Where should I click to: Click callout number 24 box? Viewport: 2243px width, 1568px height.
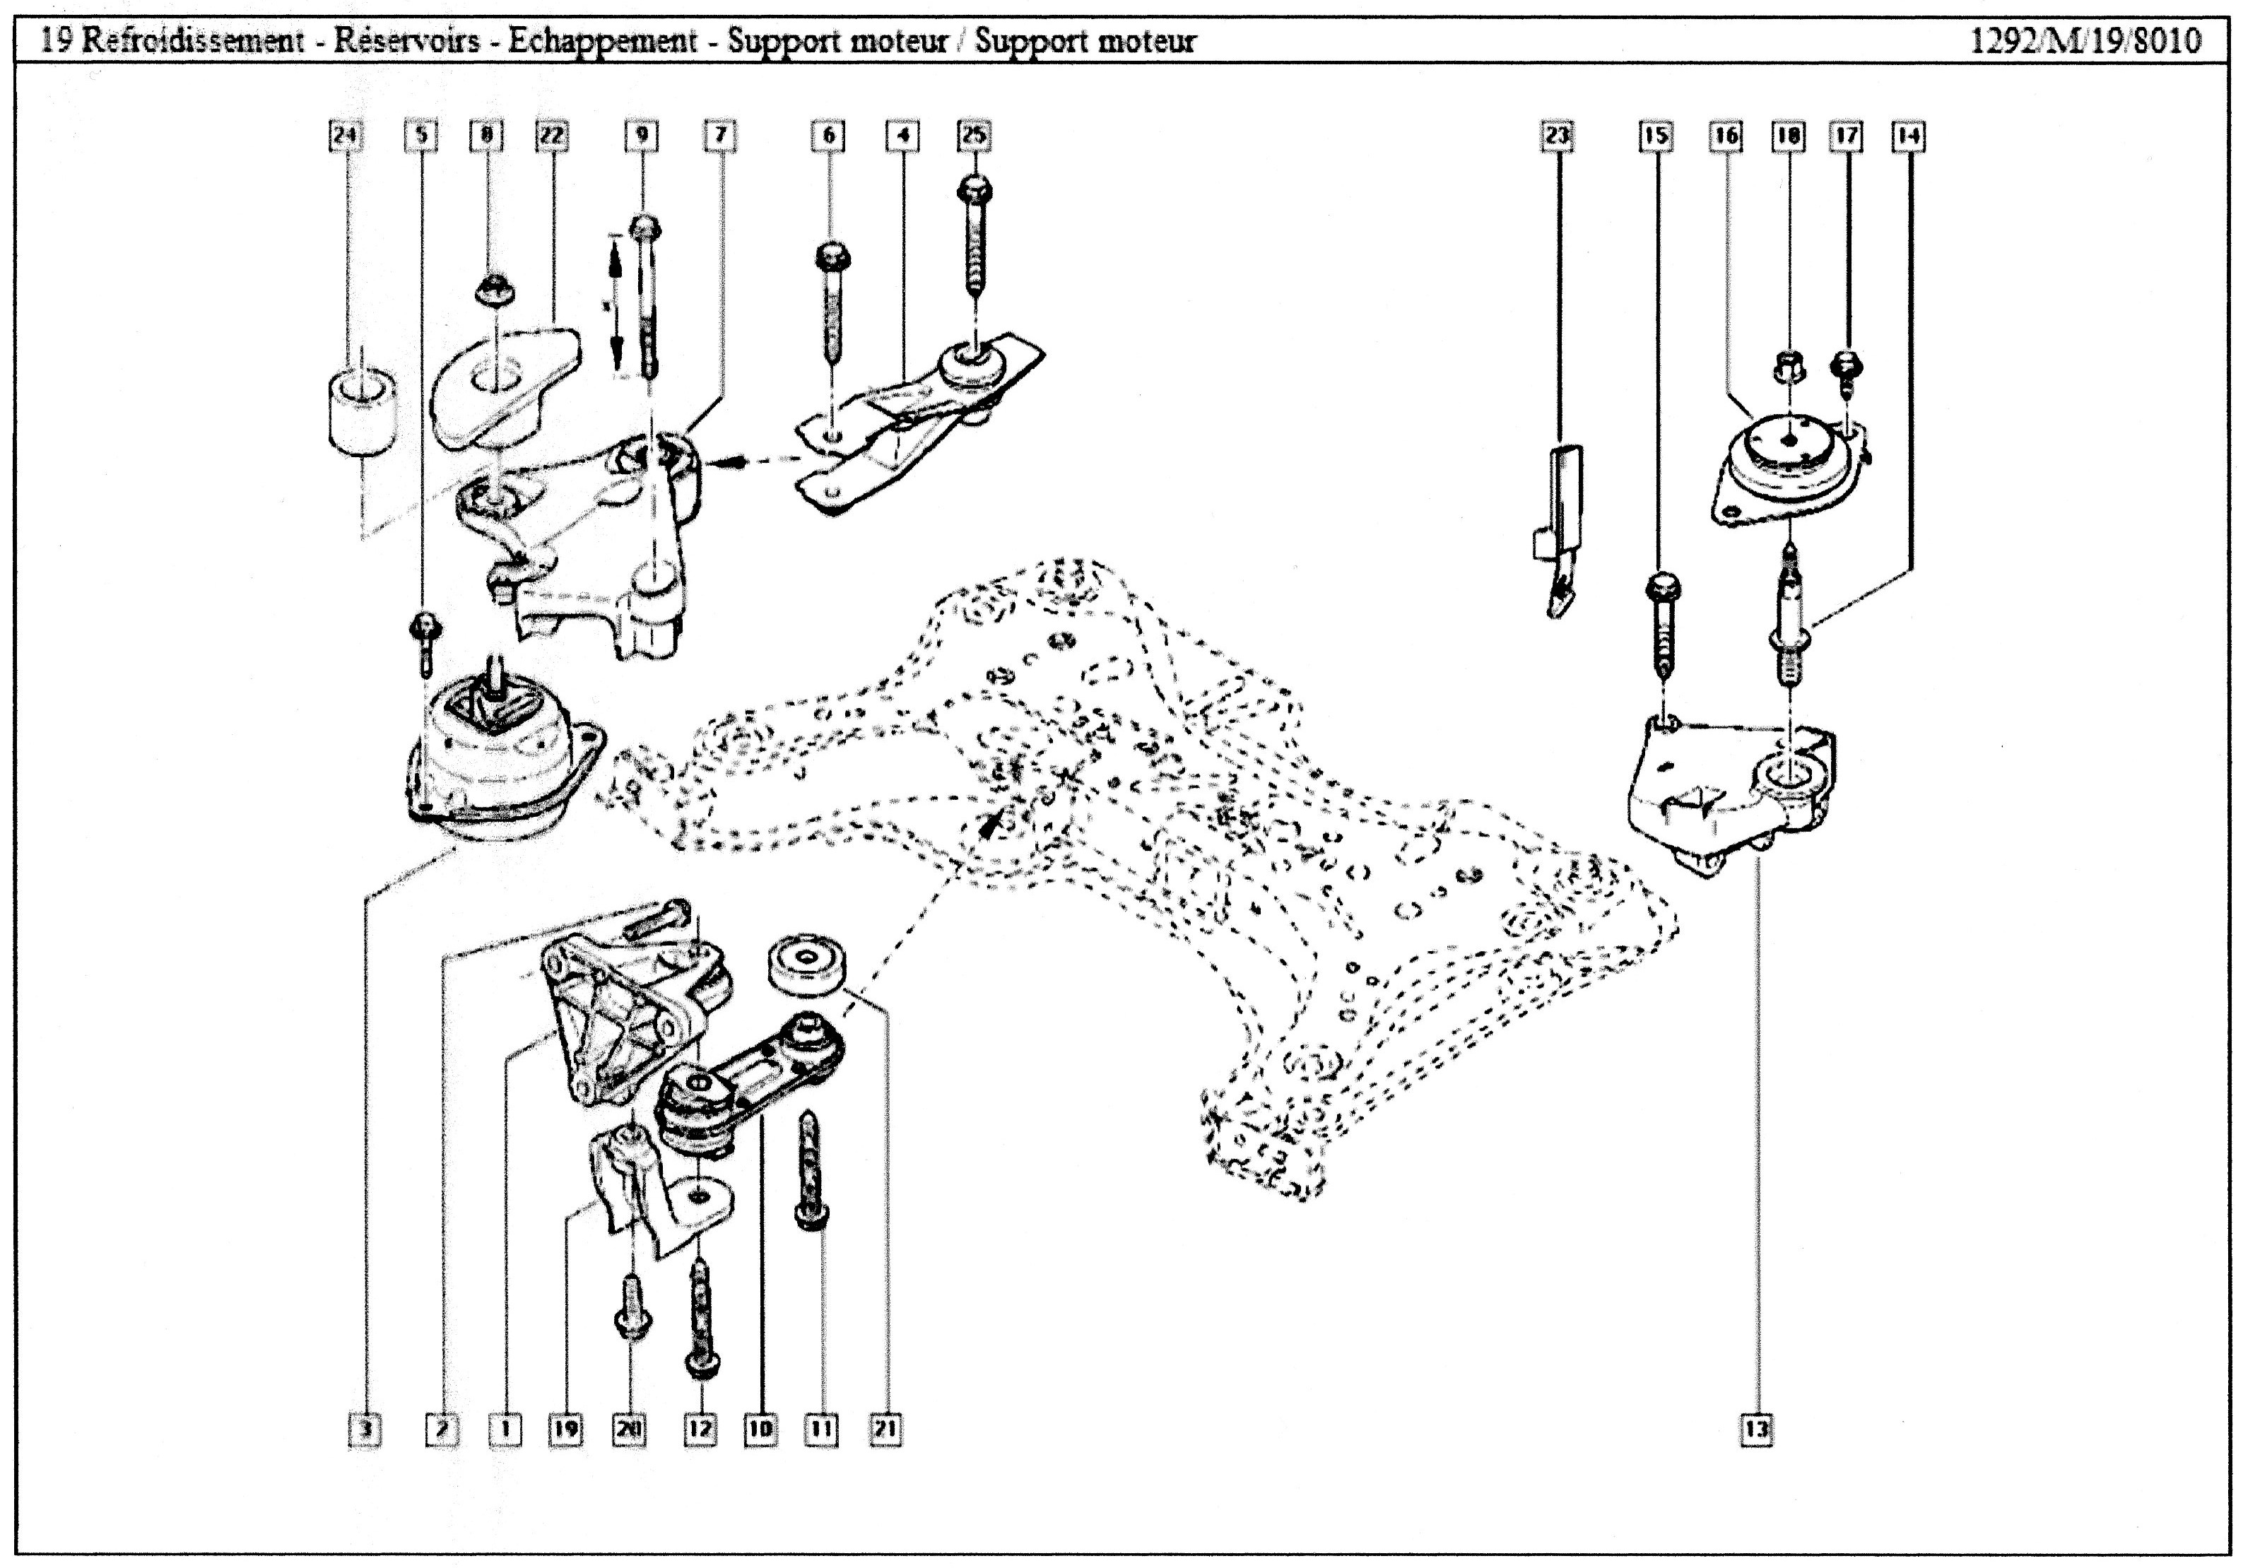pos(344,136)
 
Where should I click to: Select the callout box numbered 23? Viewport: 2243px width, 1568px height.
pos(1558,136)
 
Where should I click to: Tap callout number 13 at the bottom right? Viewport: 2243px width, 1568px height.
pos(1757,1430)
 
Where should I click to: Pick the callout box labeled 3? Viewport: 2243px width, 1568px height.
pos(365,1430)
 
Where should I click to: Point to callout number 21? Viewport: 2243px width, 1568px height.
pos(885,1430)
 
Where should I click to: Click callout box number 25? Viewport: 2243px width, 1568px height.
pos(974,136)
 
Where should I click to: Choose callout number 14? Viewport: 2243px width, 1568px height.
pos(1908,136)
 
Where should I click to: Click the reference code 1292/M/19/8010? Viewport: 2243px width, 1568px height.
pos(2085,41)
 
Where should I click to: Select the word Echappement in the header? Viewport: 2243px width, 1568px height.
pos(603,41)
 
